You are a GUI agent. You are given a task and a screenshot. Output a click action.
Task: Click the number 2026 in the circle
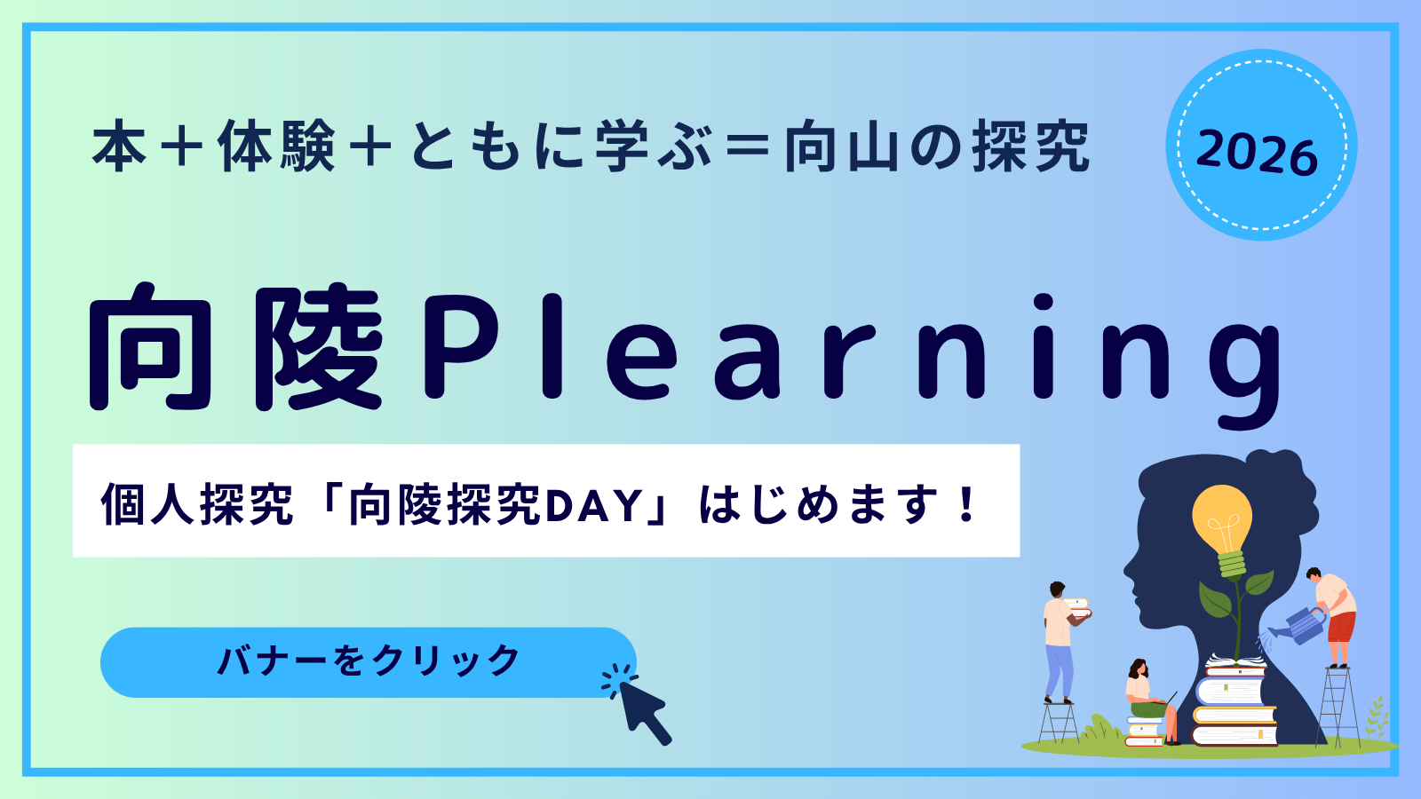(1257, 152)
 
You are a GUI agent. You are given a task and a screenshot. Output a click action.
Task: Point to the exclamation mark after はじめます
(967, 503)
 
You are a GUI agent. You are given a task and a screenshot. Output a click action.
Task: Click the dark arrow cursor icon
(638, 704)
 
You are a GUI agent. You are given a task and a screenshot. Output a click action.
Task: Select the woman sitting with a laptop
(1149, 700)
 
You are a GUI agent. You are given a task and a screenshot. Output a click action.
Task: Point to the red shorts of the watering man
(1341, 627)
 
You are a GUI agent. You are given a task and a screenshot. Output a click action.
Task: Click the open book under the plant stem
(1235, 662)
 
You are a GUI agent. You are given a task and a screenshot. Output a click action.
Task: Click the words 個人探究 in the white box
(197, 505)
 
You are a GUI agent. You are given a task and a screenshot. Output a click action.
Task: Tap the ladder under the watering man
(1338, 706)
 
